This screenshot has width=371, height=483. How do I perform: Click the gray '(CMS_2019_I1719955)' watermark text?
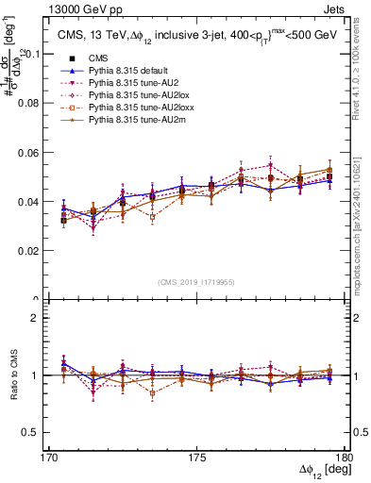195,280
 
